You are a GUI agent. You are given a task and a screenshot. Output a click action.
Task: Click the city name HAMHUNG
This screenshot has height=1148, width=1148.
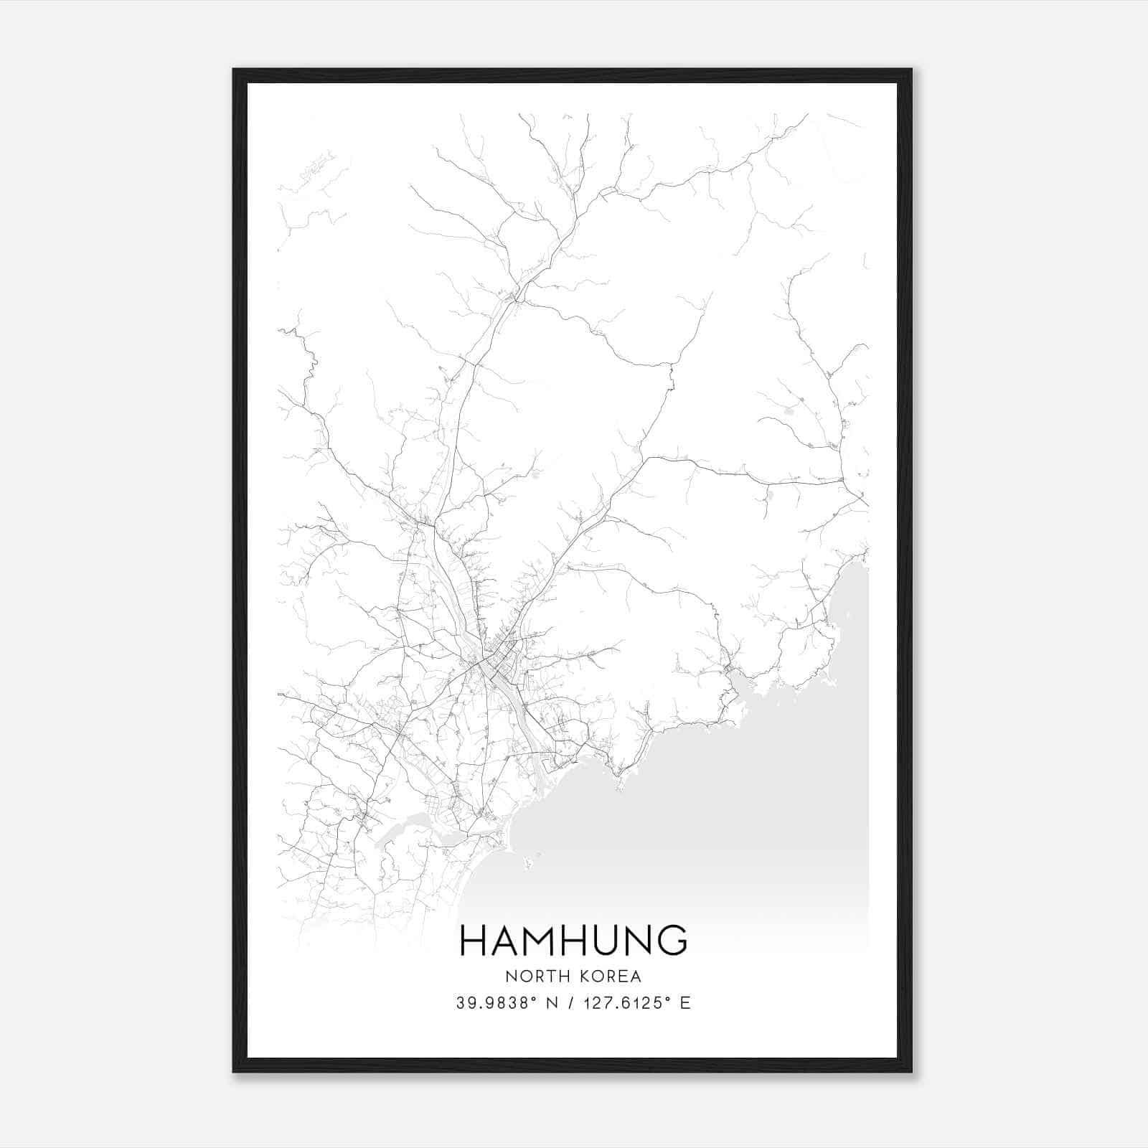[x=573, y=941]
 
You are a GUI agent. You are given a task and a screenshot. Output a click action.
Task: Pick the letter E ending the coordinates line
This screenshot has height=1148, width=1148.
[x=685, y=1003]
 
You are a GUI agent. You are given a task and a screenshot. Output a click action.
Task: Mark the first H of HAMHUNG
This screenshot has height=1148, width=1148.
[x=474, y=941]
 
